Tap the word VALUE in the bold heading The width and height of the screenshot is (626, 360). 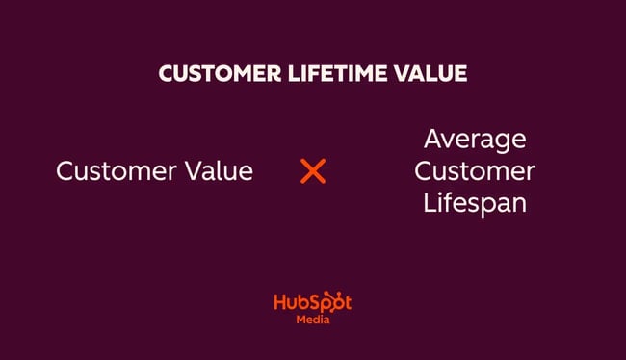429,75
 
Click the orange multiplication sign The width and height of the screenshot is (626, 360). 313,171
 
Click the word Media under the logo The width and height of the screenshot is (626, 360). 312,321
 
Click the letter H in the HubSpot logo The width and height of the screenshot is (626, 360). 280,301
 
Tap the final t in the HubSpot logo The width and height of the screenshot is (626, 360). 347,302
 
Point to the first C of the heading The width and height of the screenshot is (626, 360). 165,75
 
